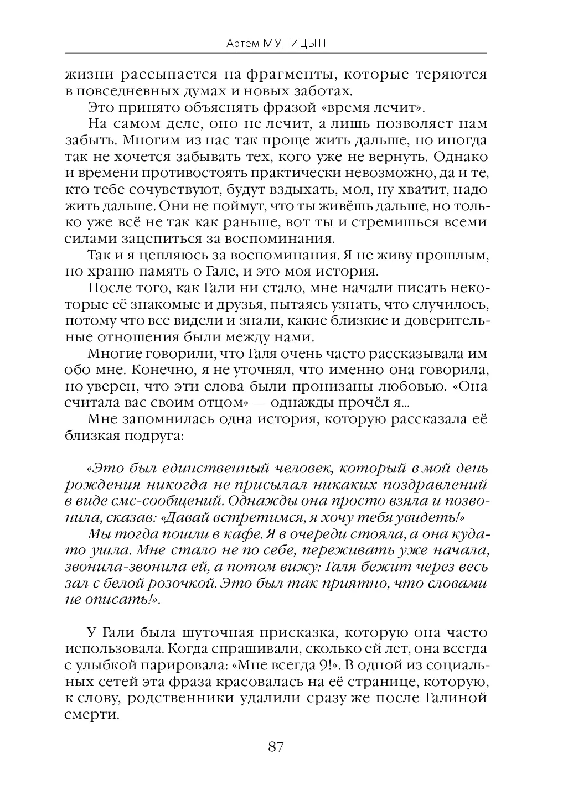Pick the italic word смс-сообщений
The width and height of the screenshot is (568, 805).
click(x=158, y=501)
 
